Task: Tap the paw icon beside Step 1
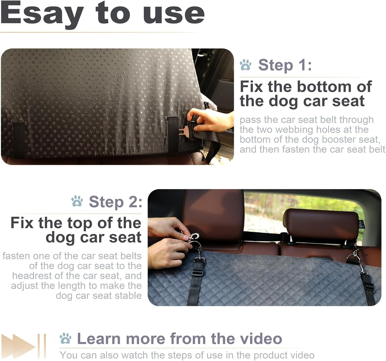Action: point(245,65)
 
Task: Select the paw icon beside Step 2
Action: point(77,201)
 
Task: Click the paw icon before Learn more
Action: point(66,339)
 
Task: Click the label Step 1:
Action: point(285,65)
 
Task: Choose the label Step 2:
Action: point(115,202)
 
